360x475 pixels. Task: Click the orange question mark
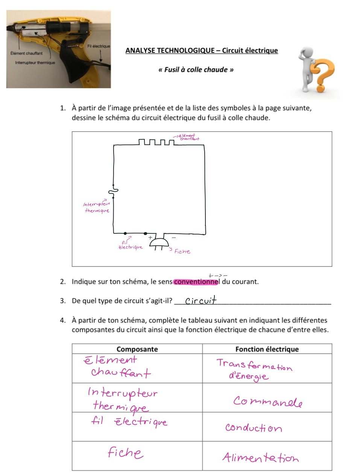322,75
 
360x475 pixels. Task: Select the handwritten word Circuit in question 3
201,300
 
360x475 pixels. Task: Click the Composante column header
137,349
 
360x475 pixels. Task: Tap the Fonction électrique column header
267,349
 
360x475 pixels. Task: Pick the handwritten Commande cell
267,402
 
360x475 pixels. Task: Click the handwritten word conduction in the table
253,428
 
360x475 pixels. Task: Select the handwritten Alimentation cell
260,457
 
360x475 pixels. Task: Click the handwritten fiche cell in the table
125,452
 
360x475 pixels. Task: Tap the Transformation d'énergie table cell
254,369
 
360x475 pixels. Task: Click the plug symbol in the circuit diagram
159,243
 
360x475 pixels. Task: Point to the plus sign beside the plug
150,237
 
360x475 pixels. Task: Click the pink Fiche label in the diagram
182,251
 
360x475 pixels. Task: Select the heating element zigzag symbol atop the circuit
156,142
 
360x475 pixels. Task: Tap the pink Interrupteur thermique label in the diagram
97,207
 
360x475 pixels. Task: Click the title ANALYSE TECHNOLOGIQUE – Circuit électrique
202,51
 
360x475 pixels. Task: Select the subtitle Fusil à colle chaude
196,70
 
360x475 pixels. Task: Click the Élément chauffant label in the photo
26,53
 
